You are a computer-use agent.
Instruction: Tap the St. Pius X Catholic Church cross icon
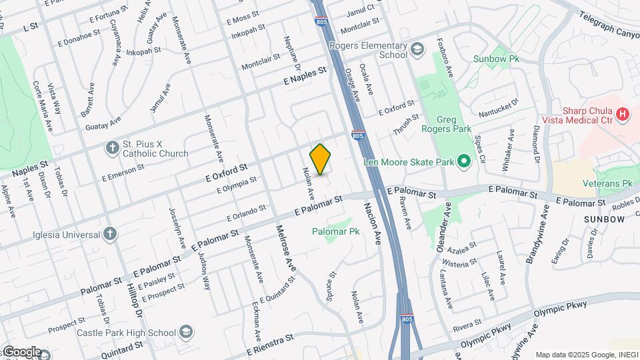click(111, 147)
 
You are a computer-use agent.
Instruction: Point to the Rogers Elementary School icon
click(417, 49)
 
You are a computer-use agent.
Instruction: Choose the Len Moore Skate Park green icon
click(465, 161)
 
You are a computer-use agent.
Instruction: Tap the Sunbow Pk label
click(496, 59)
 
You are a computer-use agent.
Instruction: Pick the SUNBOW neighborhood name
click(605, 219)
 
